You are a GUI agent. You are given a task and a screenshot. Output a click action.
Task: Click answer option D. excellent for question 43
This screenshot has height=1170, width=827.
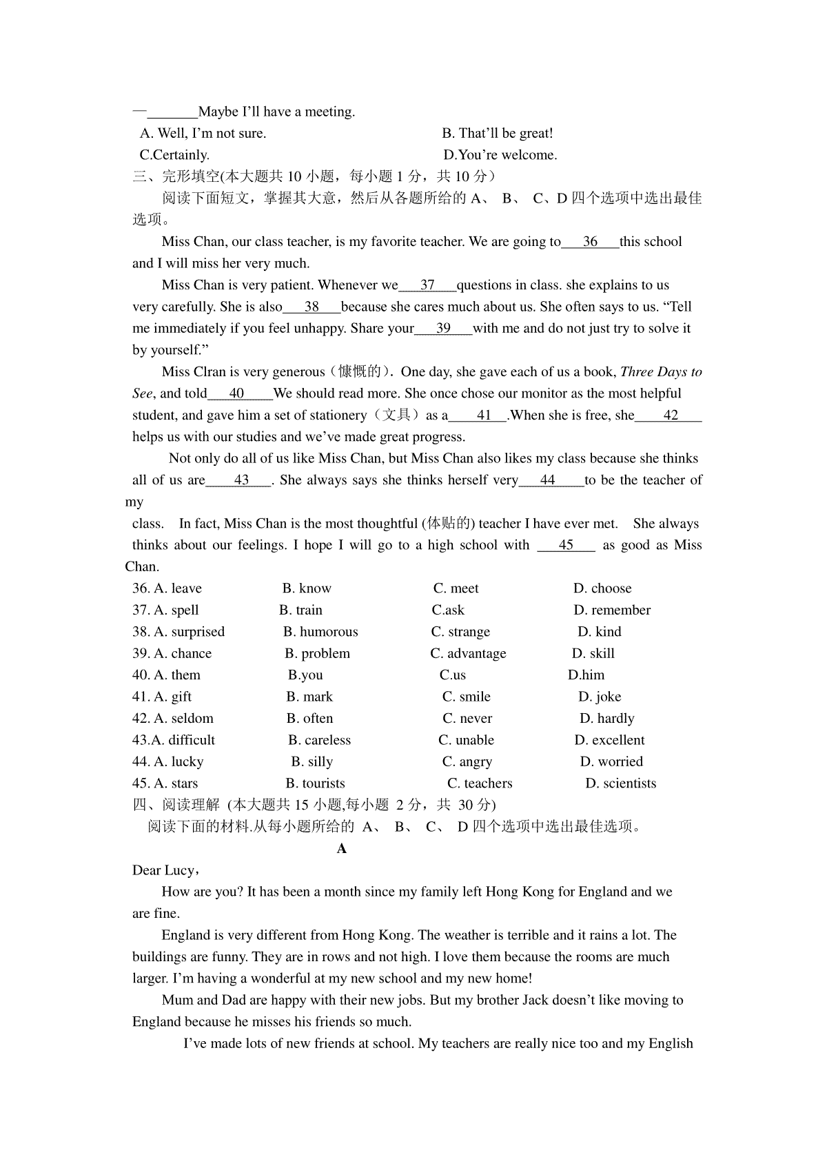click(609, 740)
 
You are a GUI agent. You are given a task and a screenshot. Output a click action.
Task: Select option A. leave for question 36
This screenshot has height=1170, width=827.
click(178, 588)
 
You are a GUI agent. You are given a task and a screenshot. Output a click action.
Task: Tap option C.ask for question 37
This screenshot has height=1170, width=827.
click(448, 610)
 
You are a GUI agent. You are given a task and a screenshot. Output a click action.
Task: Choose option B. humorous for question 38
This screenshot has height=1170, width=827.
click(320, 632)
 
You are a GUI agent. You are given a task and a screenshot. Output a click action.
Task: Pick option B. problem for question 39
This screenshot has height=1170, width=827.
click(317, 653)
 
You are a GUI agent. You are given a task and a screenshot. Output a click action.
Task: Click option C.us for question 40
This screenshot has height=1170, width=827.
click(453, 675)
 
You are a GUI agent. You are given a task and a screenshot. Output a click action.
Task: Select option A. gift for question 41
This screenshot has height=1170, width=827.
click(173, 697)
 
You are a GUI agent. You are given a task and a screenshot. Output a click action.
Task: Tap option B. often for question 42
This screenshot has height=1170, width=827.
click(309, 719)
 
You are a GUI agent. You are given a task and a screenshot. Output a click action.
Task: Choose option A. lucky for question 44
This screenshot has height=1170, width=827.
click(178, 761)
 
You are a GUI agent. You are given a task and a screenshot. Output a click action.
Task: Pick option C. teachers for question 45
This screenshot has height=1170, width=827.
click(480, 783)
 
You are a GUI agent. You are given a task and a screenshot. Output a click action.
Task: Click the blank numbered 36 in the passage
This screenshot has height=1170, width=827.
click(590, 242)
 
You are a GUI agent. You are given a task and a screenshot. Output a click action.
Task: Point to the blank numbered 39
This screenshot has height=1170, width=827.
click(443, 329)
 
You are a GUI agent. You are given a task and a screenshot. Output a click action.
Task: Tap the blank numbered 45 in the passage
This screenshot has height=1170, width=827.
click(566, 545)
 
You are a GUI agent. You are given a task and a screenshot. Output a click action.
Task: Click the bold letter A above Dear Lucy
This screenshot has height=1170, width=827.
click(342, 849)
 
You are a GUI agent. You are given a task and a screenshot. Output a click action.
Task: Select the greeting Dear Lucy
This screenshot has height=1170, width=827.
click(165, 870)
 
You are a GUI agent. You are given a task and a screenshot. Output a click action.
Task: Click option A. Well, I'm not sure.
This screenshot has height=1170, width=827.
click(203, 133)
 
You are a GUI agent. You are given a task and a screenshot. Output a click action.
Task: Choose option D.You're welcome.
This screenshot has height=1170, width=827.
click(500, 155)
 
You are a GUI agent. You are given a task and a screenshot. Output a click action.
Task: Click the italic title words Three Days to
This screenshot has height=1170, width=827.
click(661, 372)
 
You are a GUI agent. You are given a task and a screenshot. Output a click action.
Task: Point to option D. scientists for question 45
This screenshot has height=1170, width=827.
click(620, 783)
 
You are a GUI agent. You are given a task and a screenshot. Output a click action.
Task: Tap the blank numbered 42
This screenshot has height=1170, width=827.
click(670, 415)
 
